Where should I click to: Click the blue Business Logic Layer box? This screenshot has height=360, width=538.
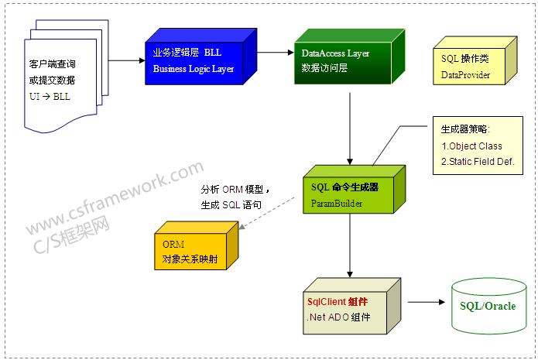pos(197,62)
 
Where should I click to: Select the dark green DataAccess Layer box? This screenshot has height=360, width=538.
pos(345,62)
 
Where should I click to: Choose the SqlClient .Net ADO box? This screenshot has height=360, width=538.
pos(348,310)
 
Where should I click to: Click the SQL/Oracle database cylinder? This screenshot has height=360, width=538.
pos(487,305)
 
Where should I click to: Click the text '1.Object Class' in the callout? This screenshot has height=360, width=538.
pos(472,146)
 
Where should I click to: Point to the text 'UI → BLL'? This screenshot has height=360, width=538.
pos(49,96)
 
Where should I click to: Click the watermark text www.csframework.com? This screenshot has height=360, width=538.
pos(116,197)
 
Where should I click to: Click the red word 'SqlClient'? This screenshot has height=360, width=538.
pos(326,302)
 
